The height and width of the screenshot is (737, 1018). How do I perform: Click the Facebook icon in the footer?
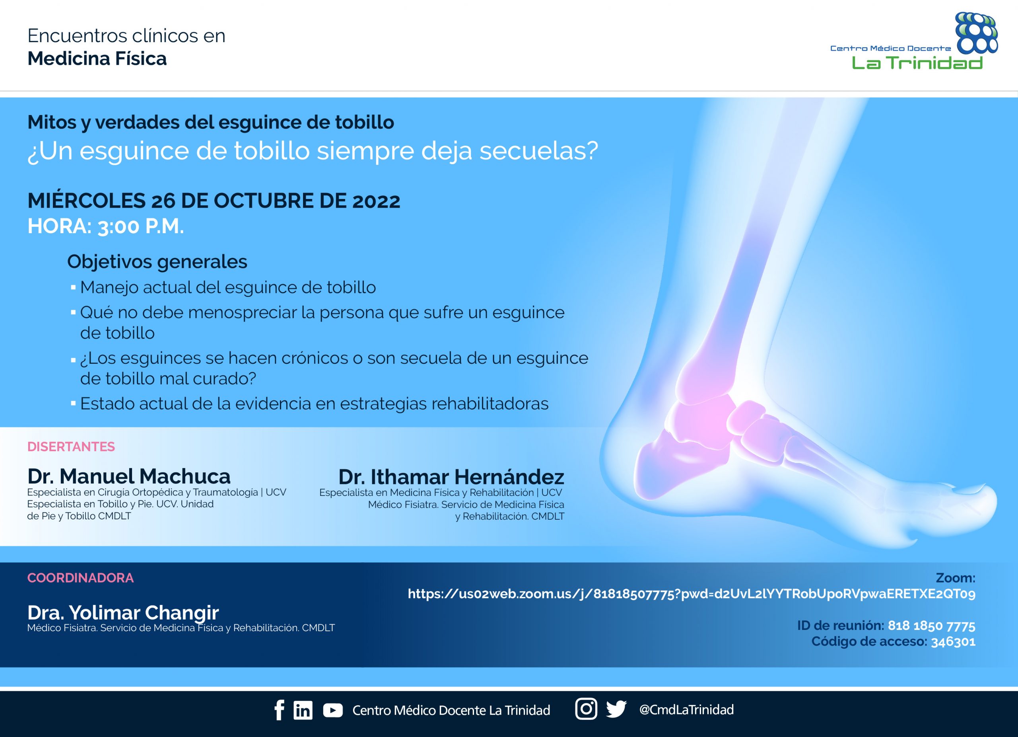point(279,710)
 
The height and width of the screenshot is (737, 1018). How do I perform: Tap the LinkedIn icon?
point(303,710)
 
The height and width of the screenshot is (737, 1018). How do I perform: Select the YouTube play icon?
point(332,710)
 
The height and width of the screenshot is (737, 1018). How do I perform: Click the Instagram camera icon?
point(586,709)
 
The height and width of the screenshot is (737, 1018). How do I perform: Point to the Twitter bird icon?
point(616,709)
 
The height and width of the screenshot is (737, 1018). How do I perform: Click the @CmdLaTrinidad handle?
point(686,710)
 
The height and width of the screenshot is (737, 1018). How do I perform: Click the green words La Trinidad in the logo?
point(917,62)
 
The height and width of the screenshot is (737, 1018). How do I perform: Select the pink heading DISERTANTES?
point(71,446)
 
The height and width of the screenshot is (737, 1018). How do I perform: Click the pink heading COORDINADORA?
point(80,577)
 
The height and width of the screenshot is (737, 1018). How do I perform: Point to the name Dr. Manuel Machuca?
point(129,476)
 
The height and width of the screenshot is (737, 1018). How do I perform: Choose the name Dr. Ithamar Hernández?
point(451,476)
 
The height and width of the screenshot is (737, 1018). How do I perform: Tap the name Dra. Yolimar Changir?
point(123,612)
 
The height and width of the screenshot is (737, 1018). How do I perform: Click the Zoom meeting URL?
point(692,594)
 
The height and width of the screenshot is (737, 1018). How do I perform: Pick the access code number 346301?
point(953,642)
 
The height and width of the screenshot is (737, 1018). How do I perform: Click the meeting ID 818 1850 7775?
point(931,626)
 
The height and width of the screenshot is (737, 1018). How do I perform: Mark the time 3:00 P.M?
point(140,226)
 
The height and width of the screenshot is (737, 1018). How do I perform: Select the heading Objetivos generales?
point(157,261)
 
